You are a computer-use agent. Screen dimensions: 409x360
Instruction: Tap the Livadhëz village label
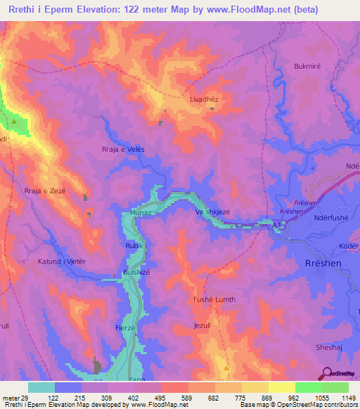coord(205,100)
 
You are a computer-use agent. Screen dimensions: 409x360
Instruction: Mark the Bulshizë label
coord(137,272)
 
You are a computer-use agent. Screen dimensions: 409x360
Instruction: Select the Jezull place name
coord(202,325)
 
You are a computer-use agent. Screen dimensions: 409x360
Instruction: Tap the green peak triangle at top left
coord(14,122)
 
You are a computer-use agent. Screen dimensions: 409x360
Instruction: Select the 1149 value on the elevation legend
coord(348,397)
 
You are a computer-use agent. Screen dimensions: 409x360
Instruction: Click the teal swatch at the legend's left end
coord(41,387)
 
